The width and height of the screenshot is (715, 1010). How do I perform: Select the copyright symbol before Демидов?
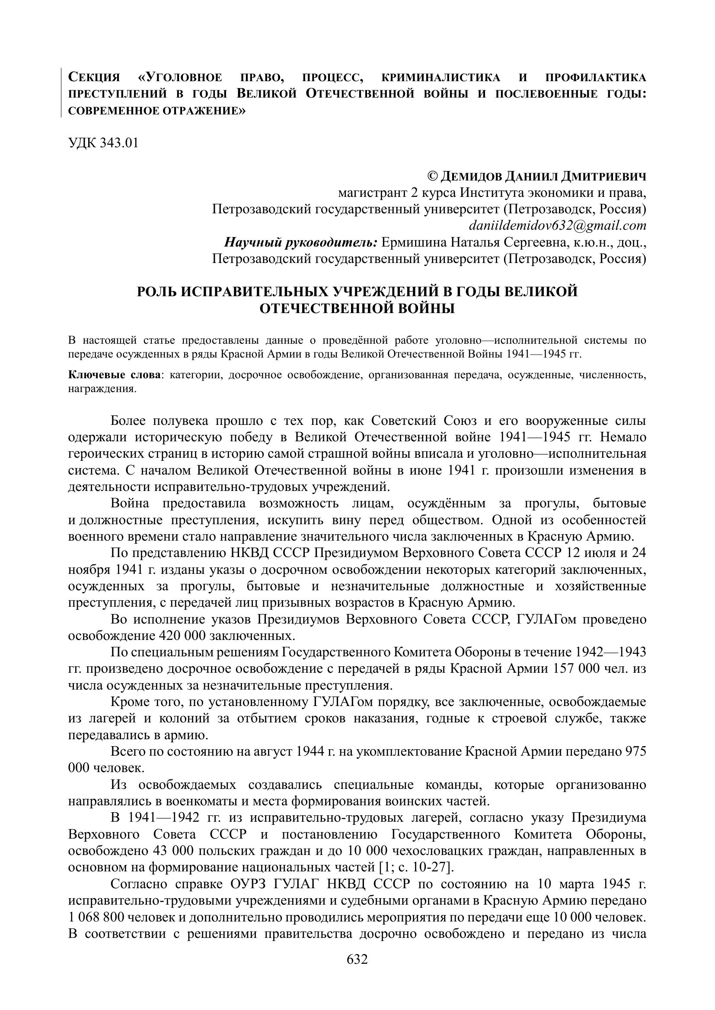pyautogui.click(x=432, y=177)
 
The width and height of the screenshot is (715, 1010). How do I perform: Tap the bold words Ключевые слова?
pyautogui.click(x=114, y=375)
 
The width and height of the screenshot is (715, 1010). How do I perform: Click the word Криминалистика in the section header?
pyautogui.click(x=440, y=77)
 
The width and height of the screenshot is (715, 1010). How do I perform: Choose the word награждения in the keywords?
pyautogui.click(x=102, y=389)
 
